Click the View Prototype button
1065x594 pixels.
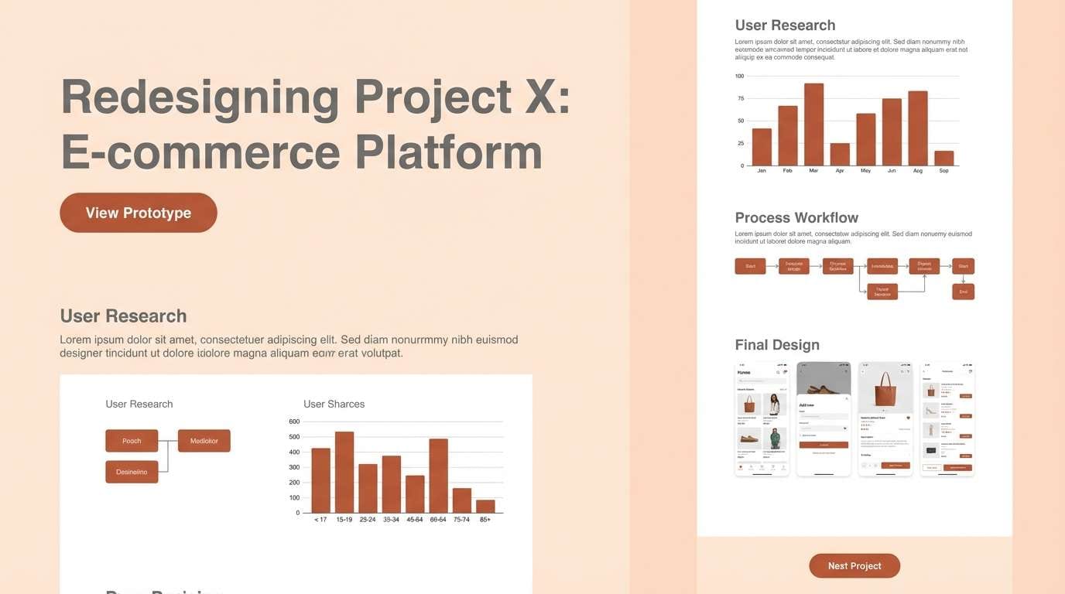(139, 213)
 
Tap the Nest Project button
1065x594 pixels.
(854, 565)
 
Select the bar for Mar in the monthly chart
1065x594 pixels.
(813, 125)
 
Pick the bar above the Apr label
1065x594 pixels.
(840, 154)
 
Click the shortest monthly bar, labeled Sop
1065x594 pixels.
(943, 158)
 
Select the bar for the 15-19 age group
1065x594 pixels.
(344, 472)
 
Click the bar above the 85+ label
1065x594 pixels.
(485, 506)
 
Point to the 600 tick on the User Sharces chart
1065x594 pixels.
(294, 422)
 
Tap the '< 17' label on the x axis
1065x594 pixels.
(320, 520)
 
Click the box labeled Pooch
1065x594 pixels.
(132, 441)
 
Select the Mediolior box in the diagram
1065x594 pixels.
(204, 441)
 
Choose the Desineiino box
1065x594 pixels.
(132, 472)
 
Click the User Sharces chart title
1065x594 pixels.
(334, 404)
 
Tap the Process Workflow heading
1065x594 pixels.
(796, 217)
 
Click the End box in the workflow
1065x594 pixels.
(963, 292)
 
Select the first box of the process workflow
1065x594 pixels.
(750, 266)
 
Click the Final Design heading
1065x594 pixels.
(777, 345)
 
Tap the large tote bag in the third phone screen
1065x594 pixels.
(885, 390)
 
